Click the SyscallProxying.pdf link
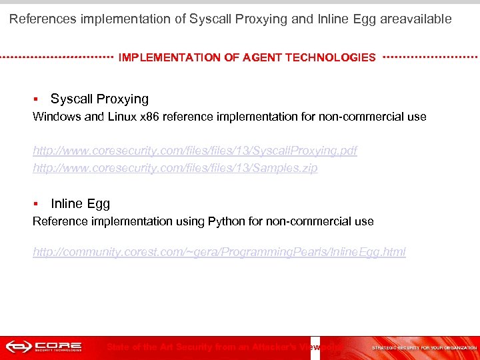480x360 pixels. [195, 151]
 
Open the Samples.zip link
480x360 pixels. [175, 168]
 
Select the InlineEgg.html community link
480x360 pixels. [219, 251]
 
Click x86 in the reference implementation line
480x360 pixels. [151, 117]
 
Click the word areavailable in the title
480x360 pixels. [416, 19]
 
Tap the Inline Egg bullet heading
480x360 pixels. [80, 203]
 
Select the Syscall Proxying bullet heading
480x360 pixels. [99, 99]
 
